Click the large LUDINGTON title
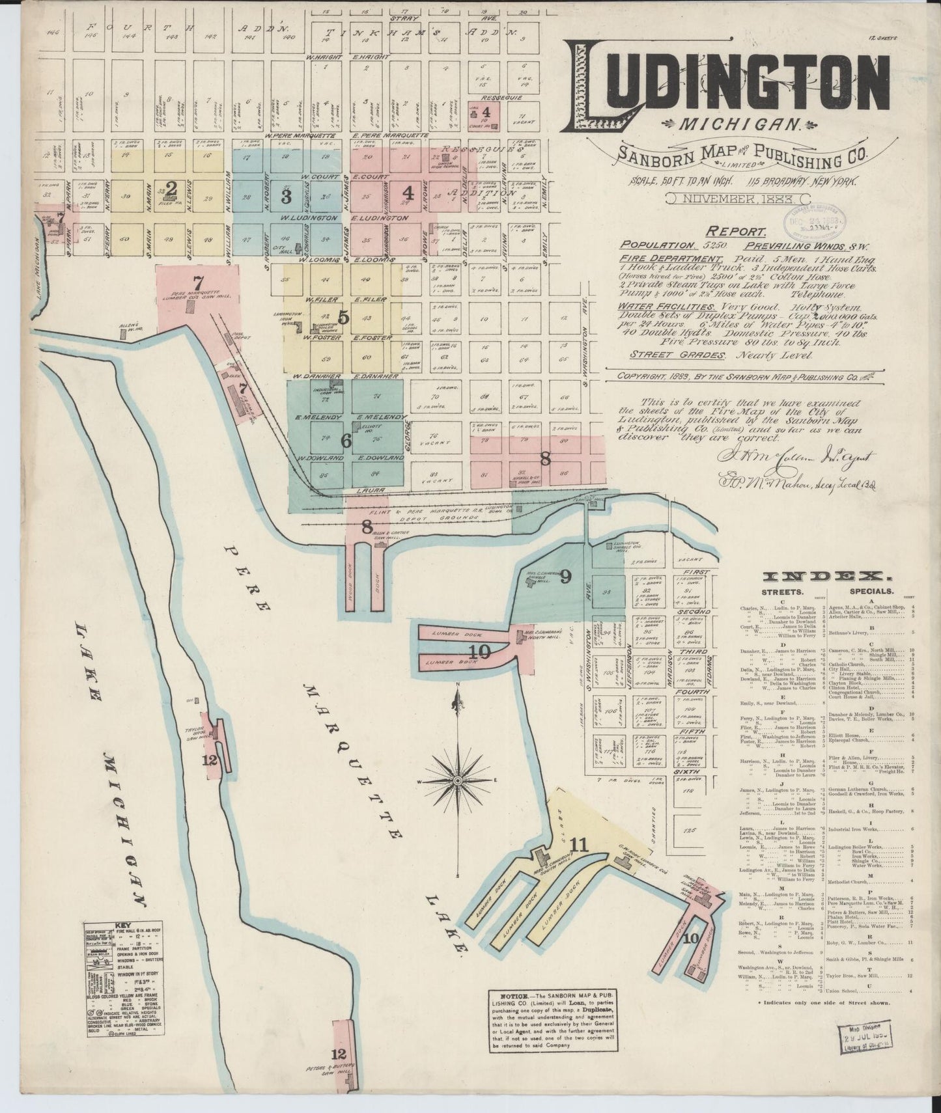pyautogui.click(x=729, y=83)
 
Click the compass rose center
pyautogui.click(x=458, y=780)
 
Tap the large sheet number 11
pyautogui.click(x=578, y=845)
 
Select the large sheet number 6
pyautogui.click(x=346, y=441)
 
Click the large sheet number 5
pyautogui.click(x=344, y=318)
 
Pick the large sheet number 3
pyautogui.click(x=285, y=195)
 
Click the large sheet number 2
pyautogui.click(x=171, y=189)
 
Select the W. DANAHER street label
pyautogui.click(x=310, y=376)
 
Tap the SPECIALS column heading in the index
pyautogui.click(x=871, y=593)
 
